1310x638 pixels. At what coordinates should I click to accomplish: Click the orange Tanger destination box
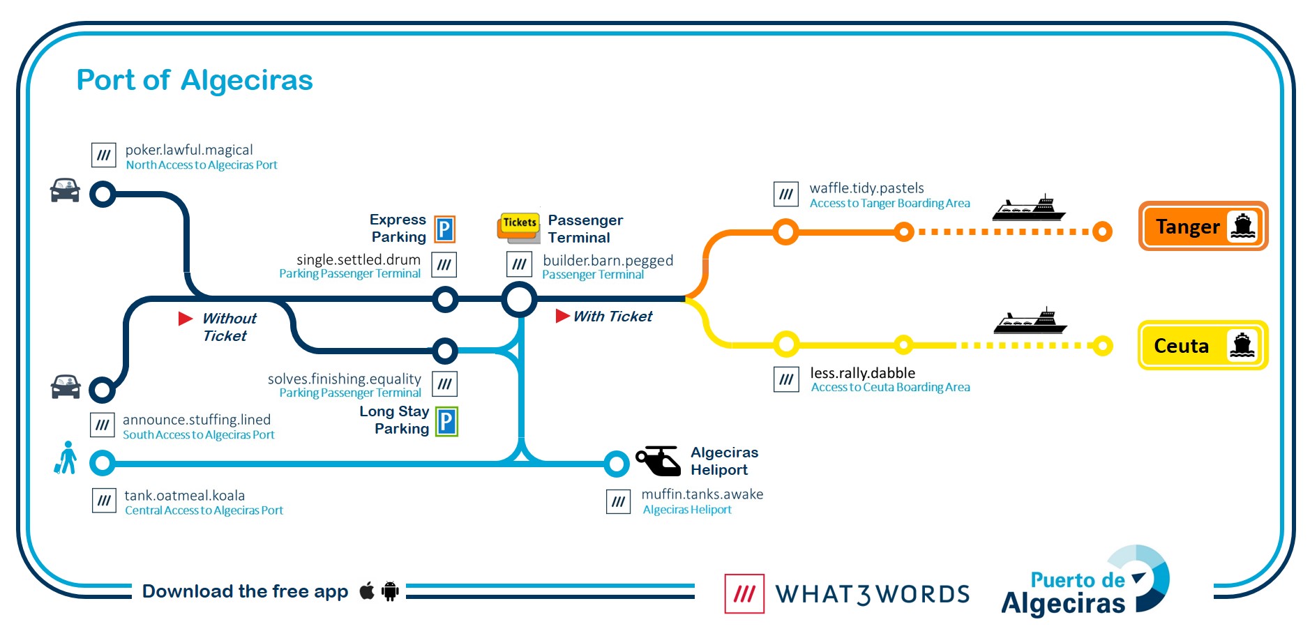[x=1203, y=226]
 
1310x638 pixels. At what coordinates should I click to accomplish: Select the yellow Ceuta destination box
[x=1203, y=345]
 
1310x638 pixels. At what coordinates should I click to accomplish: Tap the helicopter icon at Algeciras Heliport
[x=658, y=460]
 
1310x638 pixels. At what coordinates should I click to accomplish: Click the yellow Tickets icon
[x=519, y=227]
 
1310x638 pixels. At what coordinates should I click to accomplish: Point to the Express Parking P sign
[x=445, y=229]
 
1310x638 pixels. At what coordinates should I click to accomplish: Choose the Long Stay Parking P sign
[x=446, y=421]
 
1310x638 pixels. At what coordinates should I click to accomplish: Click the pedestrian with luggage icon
[x=66, y=457]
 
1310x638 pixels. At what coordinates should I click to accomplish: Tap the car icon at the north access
[x=65, y=190]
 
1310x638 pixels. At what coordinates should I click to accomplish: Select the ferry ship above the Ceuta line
[x=1030, y=321]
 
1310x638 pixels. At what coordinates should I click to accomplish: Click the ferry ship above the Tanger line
[x=1029, y=208]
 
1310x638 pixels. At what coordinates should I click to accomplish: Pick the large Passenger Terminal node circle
[x=520, y=300]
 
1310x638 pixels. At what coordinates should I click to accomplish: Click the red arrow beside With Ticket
[x=562, y=316]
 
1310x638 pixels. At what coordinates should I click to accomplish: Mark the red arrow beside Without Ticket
[x=186, y=319]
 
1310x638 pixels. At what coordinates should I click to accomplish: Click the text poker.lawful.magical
[x=189, y=150]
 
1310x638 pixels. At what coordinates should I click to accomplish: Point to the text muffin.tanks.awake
[x=702, y=494]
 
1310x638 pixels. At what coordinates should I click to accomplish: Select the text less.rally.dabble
[x=863, y=373]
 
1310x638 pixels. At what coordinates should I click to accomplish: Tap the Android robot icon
[x=390, y=591]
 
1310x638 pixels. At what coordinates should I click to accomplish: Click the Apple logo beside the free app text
[x=367, y=591]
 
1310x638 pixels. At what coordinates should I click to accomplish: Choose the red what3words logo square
[x=744, y=593]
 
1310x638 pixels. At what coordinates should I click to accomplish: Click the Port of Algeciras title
[x=195, y=80]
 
